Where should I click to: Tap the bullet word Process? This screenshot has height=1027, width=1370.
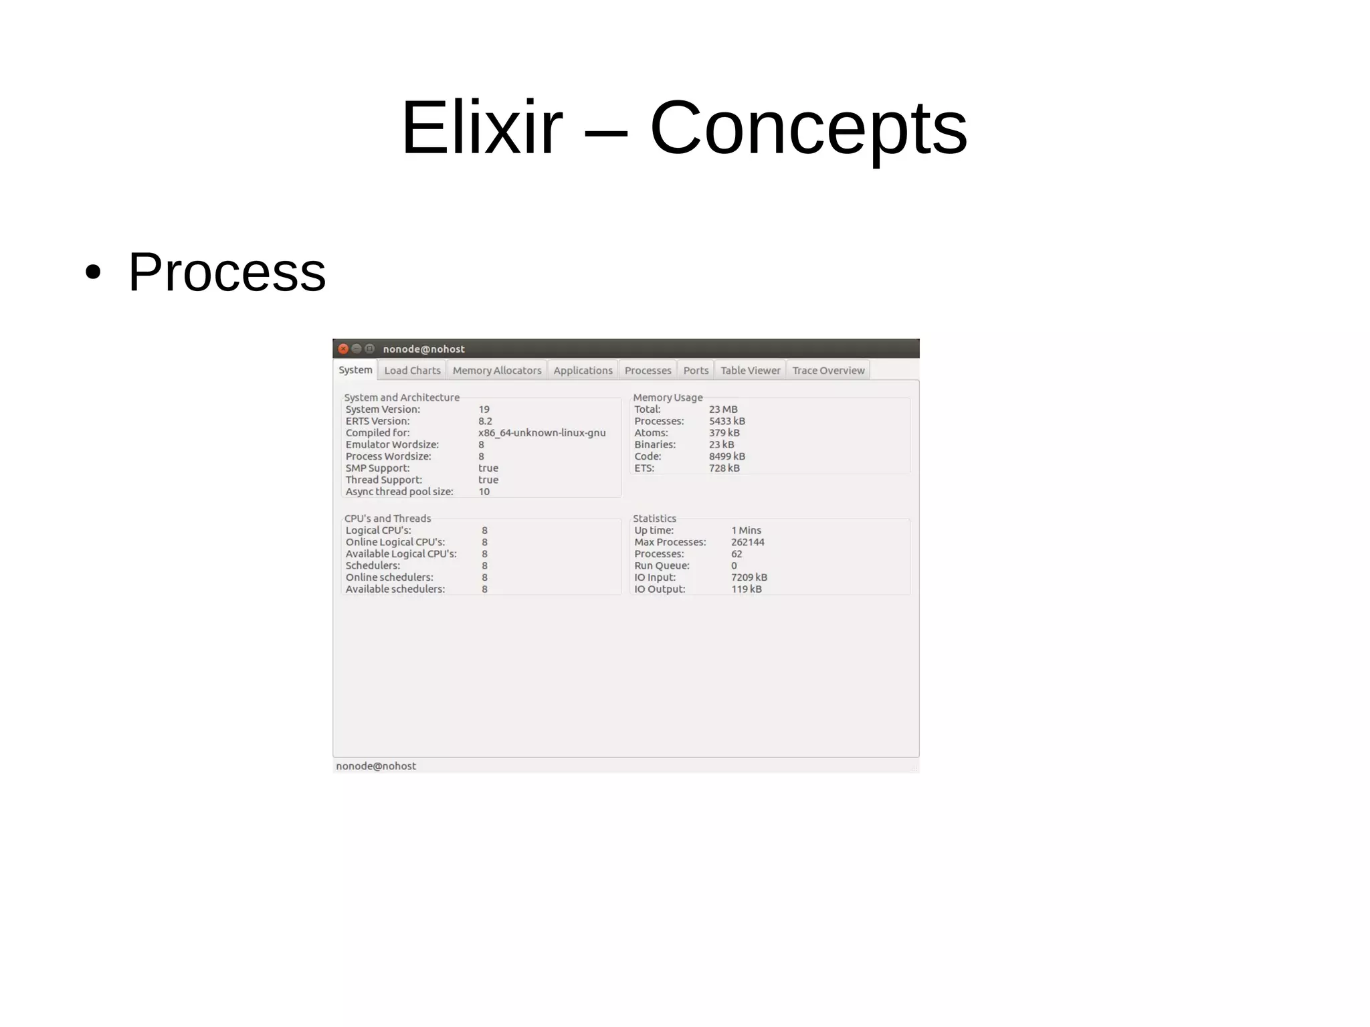pos(227,272)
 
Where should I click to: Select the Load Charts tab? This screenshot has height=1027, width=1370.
pos(412,370)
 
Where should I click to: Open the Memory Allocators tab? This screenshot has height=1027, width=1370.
pos(496,370)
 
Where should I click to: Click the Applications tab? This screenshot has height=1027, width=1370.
pos(583,370)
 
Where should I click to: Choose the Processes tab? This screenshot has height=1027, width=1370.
pos(648,370)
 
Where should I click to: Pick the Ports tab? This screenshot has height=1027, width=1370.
pos(696,370)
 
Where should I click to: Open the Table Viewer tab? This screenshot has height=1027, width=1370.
pos(750,370)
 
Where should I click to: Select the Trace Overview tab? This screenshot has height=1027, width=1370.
pos(828,370)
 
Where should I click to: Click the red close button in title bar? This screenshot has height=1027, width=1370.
pos(343,349)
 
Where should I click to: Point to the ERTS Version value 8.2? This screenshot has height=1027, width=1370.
pos(485,421)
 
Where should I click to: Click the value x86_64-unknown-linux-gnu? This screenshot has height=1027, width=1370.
pos(542,433)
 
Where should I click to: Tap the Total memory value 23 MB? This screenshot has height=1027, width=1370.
pos(723,409)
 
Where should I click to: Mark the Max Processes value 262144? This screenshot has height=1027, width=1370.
pos(747,542)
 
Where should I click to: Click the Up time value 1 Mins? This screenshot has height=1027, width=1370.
pos(746,531)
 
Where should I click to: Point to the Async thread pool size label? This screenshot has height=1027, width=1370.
pos(399,492)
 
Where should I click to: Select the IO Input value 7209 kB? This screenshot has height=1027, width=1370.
pos(749,577)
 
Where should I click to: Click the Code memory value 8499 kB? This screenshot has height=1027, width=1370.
pos(726,456)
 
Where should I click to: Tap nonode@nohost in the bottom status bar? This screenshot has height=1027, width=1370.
pos(376,766)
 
